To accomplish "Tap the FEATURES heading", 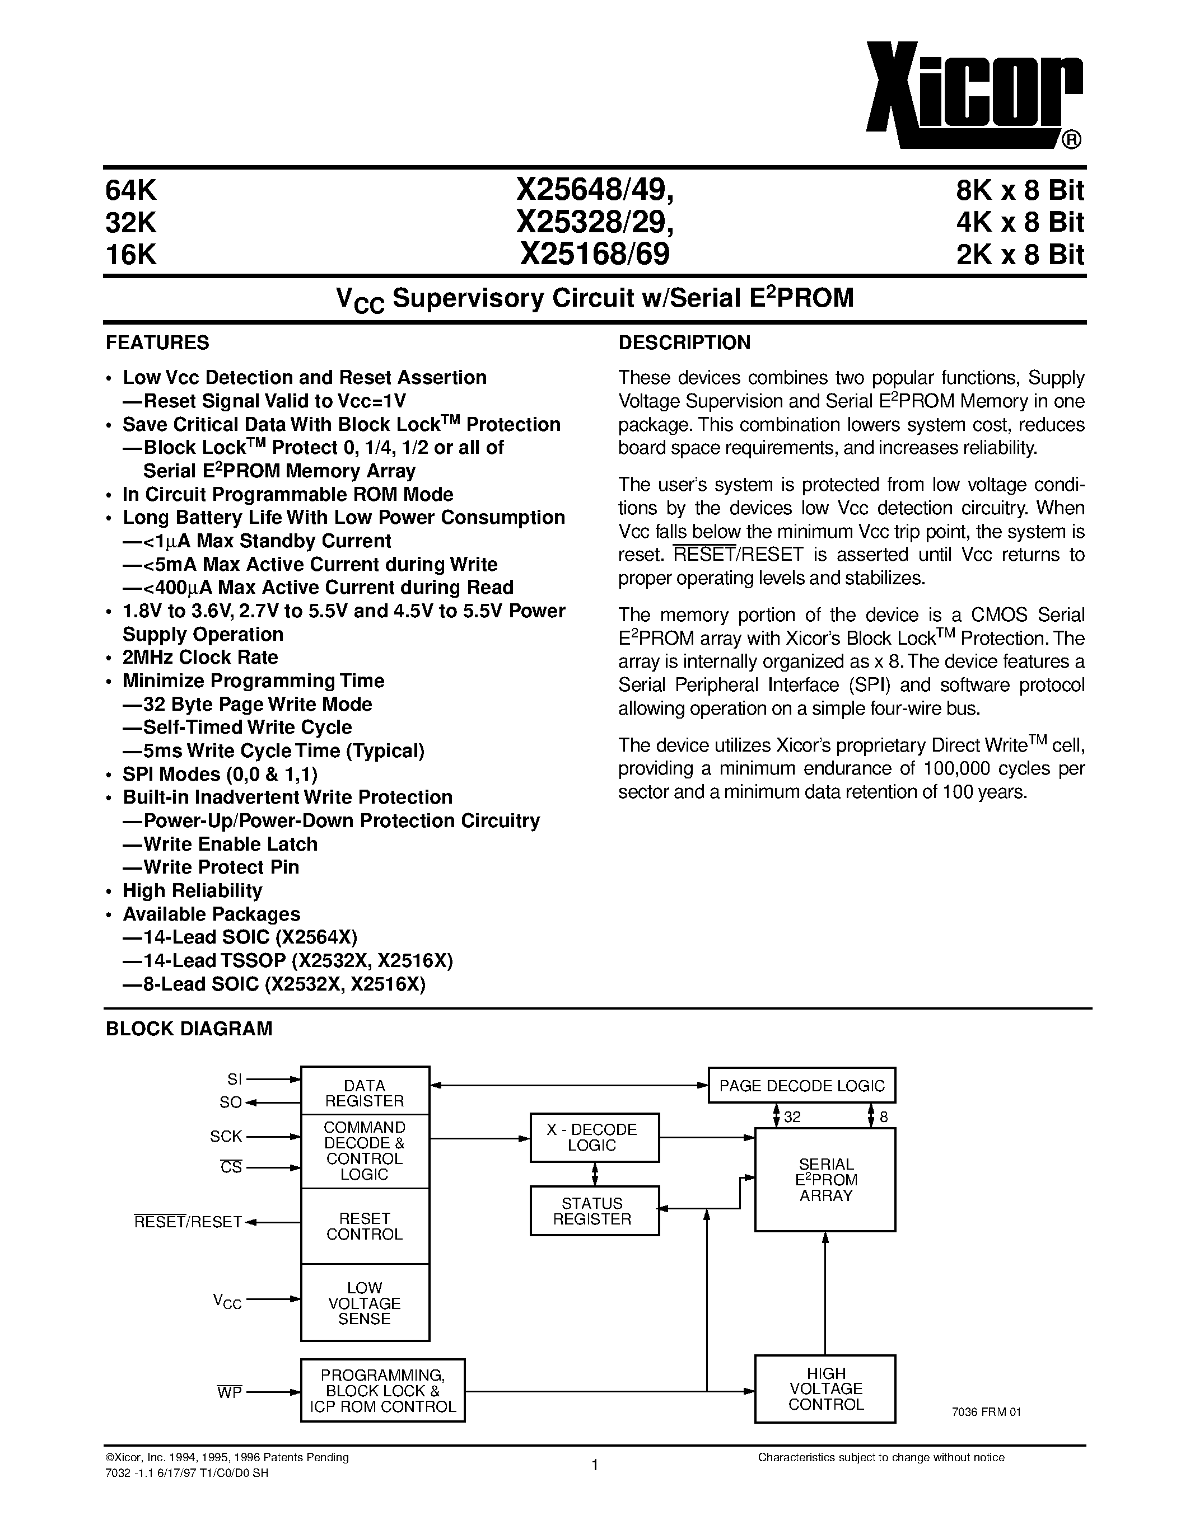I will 157,342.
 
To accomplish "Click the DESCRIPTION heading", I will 684,342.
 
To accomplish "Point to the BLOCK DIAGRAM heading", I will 188,1029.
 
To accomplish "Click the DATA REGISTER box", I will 365,1093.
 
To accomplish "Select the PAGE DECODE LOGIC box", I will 801,1086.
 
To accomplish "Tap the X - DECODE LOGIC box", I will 594,1137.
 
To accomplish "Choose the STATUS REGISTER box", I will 594,1211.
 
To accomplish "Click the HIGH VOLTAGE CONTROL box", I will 825,1388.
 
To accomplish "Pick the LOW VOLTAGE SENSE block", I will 365,1303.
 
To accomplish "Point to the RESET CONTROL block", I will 365,1226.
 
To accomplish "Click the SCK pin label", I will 226,1136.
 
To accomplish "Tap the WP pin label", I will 229,1392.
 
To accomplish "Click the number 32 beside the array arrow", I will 792,1117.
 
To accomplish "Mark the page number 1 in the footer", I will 595,1465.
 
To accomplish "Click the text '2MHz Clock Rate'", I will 200,658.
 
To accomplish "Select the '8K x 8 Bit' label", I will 1019,190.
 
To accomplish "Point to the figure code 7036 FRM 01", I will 986,1411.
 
